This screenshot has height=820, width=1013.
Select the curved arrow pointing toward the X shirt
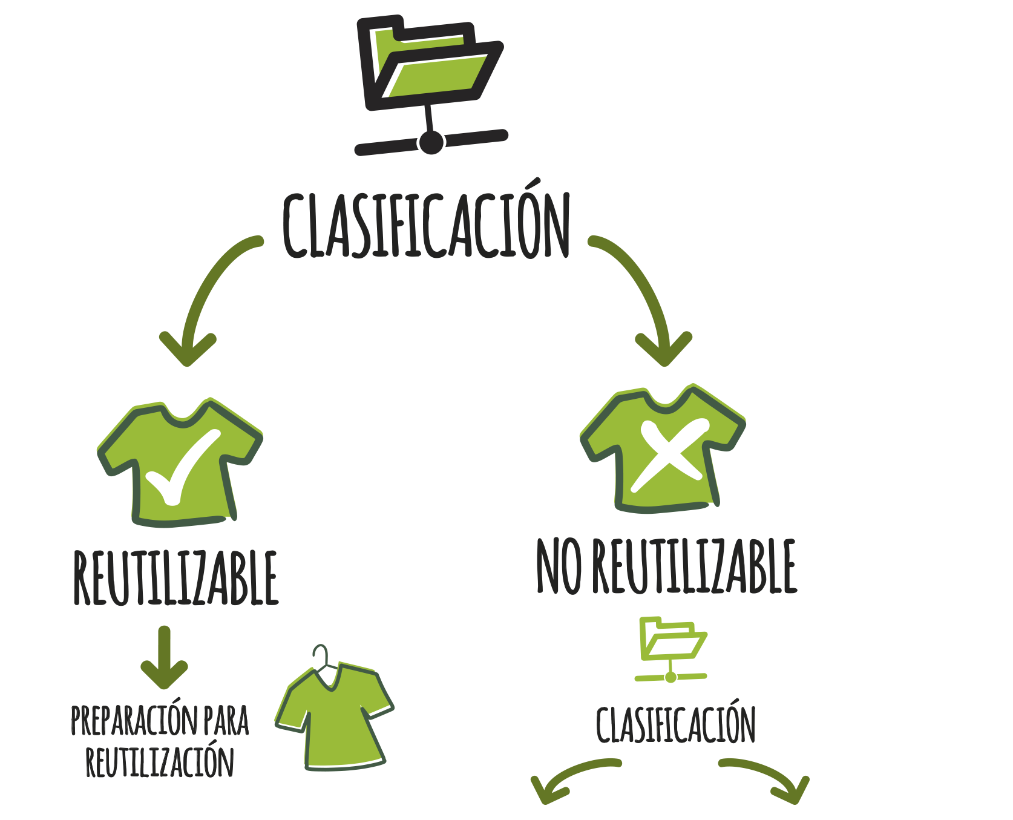point(644,290)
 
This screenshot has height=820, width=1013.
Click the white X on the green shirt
point(669,454)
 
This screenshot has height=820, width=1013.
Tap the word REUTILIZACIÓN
point(159,763)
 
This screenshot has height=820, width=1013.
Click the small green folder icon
point(672,648)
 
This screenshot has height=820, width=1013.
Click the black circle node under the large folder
point(431,142)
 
